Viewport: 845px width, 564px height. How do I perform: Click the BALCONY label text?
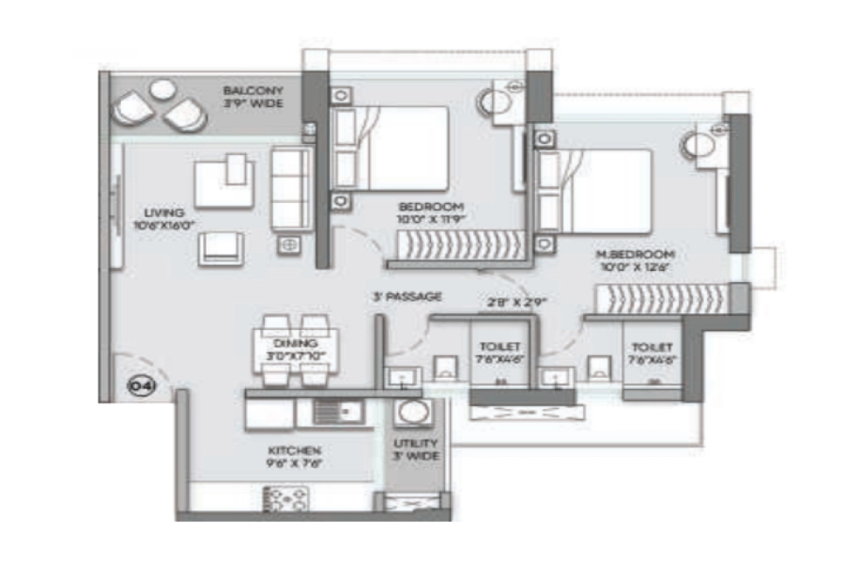pos(253,91)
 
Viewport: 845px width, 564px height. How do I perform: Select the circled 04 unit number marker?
pos(137,386)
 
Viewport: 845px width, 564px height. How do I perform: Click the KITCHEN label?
pos(295,450)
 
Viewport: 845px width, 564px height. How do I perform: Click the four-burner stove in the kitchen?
pos(287,499)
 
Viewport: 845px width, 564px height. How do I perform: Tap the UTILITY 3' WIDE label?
pos(415,449)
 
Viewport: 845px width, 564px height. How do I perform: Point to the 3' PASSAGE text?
pos(407,296)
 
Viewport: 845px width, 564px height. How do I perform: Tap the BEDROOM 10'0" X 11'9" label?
pos(431,212)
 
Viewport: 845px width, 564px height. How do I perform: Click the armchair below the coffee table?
pos(220,248)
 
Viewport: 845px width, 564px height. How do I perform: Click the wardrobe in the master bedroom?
pos(662,298)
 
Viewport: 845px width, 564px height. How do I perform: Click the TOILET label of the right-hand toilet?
pos(652,348)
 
